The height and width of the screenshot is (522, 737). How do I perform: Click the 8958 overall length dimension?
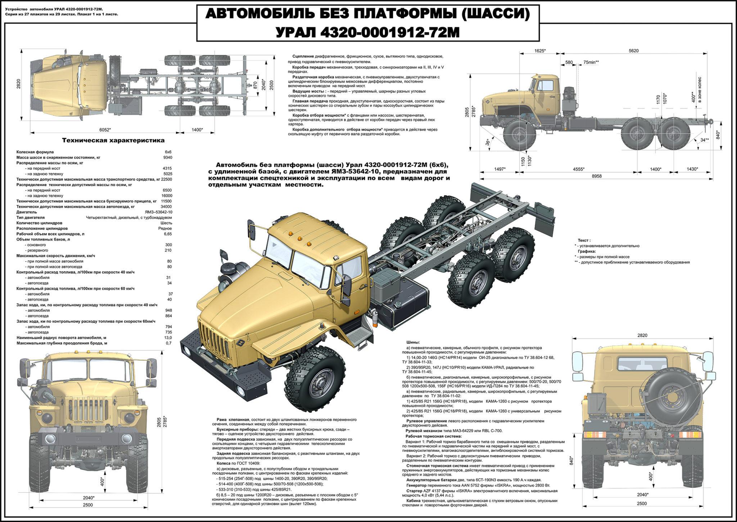pos(597,176)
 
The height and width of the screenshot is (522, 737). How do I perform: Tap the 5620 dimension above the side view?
pos(634,51)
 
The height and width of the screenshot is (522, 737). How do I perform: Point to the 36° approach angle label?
pos(488,142)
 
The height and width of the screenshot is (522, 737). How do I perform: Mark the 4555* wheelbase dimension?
pos(578,169)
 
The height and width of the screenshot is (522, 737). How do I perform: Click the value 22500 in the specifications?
pos(167,179)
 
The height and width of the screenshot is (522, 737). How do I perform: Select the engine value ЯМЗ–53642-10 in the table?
pos(158,212)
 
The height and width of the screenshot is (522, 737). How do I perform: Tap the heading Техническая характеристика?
pos(113,140)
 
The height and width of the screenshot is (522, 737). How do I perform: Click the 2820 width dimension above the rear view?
pos(642,335)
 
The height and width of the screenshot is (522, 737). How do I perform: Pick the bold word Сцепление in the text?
pos(303,57)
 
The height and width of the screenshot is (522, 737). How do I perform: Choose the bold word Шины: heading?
pos(413,342)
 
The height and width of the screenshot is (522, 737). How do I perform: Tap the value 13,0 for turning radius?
pos(168,338)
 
